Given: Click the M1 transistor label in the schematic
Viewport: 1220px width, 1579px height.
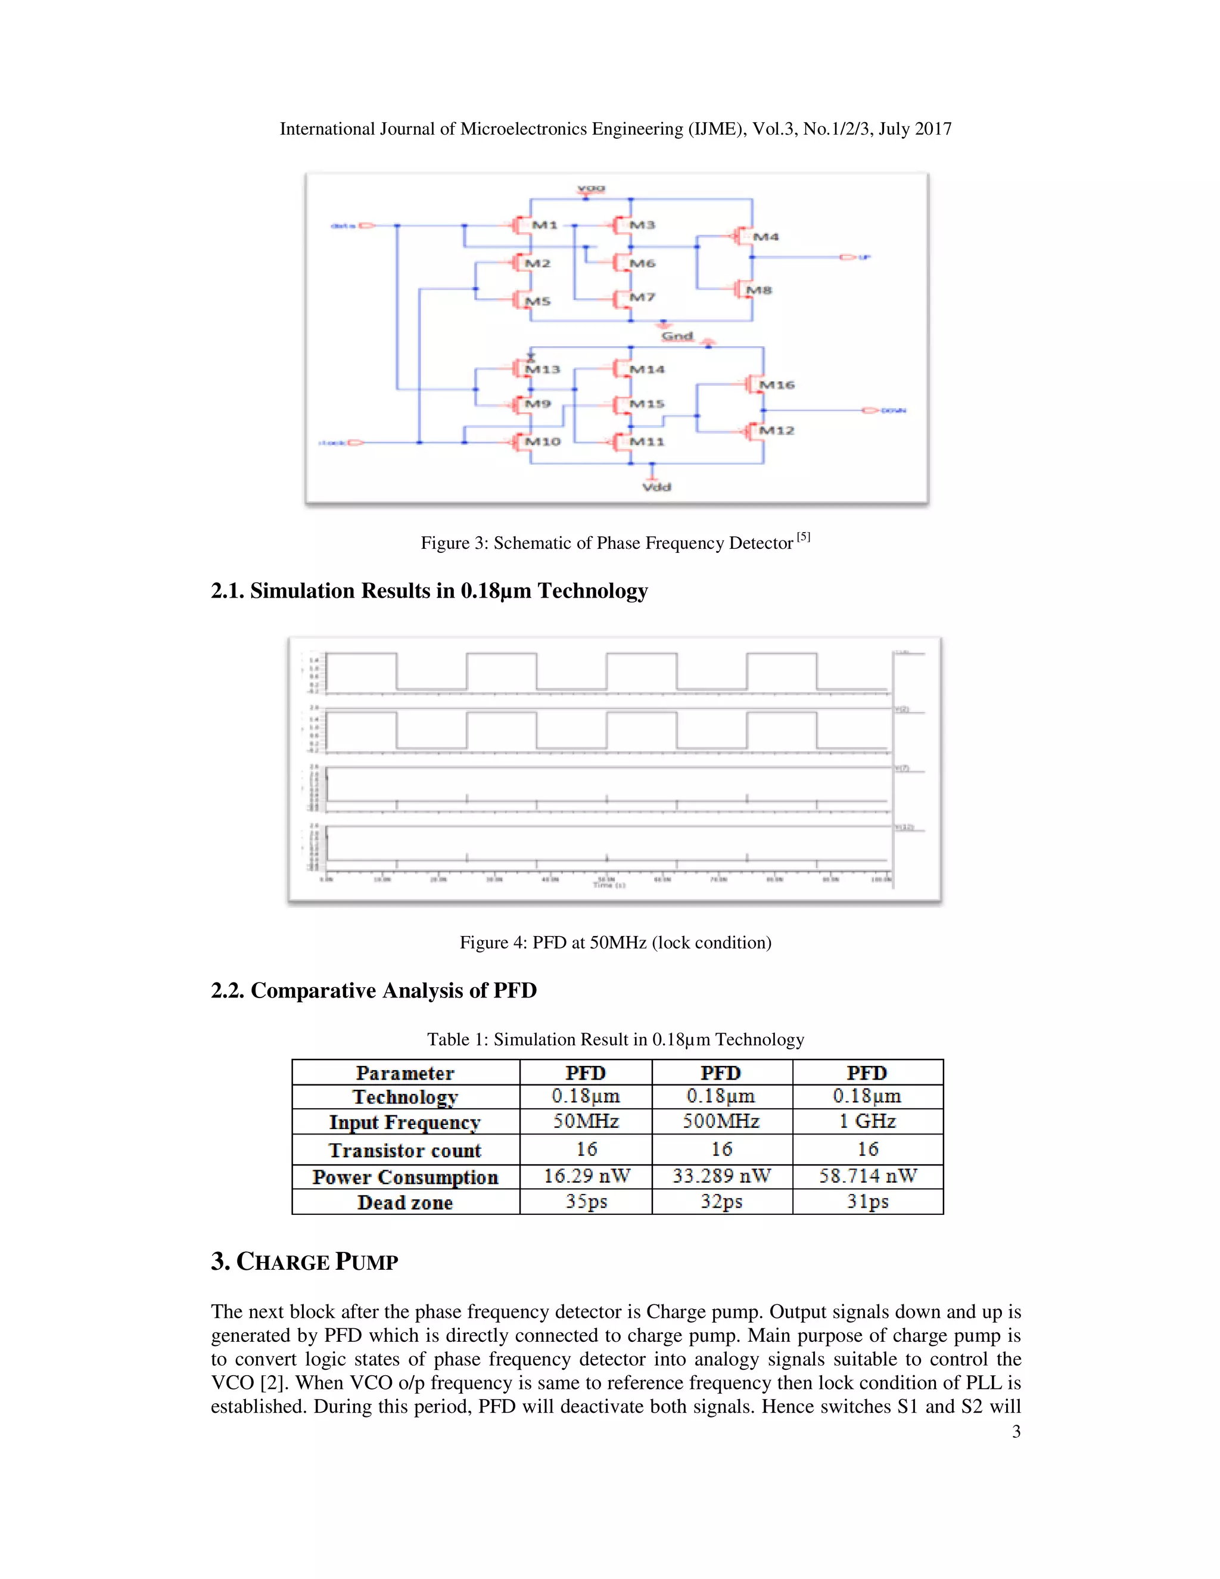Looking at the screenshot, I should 544,225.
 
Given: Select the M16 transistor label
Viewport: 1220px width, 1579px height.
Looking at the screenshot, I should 777,385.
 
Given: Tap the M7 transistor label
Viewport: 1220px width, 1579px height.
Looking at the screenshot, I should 642,297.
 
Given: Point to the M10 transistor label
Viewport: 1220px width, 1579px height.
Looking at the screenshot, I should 542,441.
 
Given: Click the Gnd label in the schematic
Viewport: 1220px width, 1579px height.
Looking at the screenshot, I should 677,336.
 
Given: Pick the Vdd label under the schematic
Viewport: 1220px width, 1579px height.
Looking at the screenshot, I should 656,487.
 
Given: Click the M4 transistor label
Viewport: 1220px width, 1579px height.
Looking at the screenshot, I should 765,237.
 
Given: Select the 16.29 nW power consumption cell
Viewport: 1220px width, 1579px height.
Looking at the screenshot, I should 586,1176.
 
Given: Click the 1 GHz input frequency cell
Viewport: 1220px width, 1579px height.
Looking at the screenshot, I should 867,1121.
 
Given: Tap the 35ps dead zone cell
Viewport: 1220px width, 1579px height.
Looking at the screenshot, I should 586,1202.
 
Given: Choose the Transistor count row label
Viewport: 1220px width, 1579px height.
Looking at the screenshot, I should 404,1150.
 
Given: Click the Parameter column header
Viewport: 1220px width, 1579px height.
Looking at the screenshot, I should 404,1073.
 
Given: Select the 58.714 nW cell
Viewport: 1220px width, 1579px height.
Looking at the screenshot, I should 867,1176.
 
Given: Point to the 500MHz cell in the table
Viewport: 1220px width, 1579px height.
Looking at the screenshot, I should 721,1121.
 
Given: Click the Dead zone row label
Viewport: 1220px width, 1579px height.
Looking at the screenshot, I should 404,1202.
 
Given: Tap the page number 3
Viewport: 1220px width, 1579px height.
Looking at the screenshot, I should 1016,1431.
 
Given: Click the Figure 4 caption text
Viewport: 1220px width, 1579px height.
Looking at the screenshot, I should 615,942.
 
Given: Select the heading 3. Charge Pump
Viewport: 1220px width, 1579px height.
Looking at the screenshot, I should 304,1261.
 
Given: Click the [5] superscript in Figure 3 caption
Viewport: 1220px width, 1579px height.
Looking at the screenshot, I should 803,537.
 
